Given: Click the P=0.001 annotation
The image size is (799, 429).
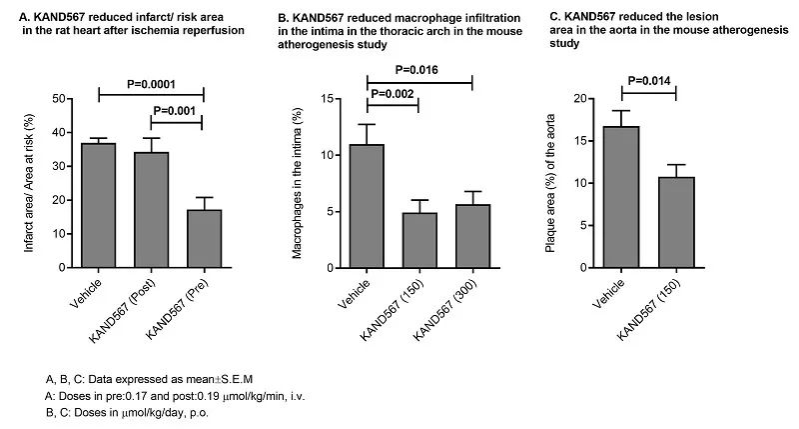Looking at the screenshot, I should click(x=177, y=112).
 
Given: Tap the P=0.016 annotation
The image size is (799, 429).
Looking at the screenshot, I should click(x=419, y=70).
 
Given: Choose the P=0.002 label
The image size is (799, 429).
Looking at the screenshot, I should click(x=394, y=92).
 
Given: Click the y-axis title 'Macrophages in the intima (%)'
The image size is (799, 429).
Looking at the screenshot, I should click(x=300, y=185).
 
